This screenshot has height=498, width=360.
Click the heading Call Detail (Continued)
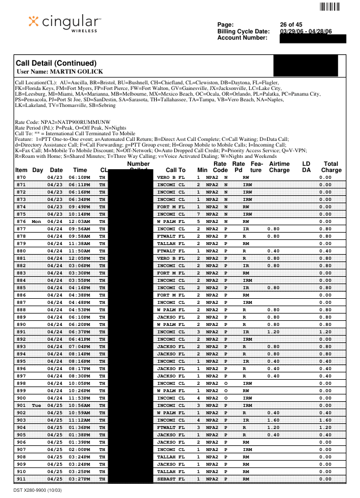click(x=56, y=63)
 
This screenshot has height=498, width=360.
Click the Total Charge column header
click(x=331, y=166)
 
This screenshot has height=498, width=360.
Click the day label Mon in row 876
click(x=37, y=221)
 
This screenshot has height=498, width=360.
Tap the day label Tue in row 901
click(x=37, y=406)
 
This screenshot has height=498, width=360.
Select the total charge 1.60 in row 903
click(x=325, y=420)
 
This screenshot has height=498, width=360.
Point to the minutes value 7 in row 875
click(x=198, y=214)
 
